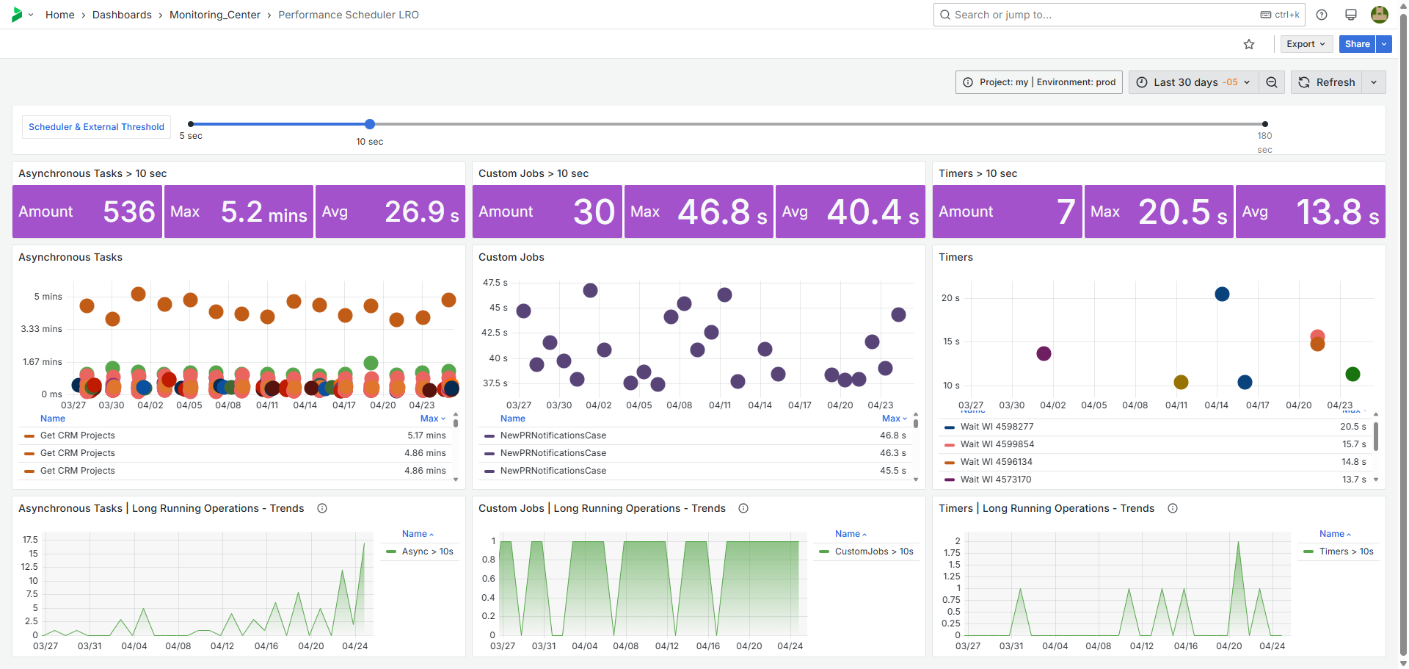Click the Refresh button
coord(1327,82)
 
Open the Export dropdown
coord(1306,44)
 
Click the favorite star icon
coord(1249,44)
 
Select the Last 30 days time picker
coord(1193,82)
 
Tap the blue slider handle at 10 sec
coord(370,124)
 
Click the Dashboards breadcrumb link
coord(122,15)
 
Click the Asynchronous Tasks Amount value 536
coord(129,211)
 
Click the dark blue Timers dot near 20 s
coord(1222,294)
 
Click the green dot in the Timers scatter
coord(1352,374)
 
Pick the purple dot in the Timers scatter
coord(1044,354)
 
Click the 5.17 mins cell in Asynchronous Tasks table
coord(426,435)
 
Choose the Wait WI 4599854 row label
coord(997,444)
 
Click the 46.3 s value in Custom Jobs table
coord(892,453)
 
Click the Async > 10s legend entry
coord(427,552)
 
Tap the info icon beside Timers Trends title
coord(1173,508)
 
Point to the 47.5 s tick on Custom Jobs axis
coord(495,283)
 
